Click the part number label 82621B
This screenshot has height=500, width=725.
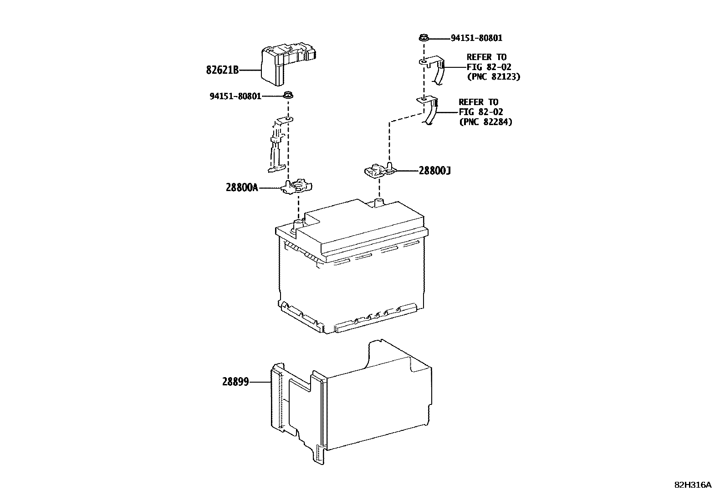tap(222, 71)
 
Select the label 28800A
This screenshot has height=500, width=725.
tap(242, 187)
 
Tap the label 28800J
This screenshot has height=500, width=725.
tap(435, 171)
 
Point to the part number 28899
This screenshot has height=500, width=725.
tap(235, 382)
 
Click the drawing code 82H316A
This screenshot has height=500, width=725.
tap(693, 485)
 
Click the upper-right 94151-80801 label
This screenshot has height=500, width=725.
tap(476, 39)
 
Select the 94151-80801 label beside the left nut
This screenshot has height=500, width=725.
tap(235, 96)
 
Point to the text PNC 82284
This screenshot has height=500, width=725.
tap(485, 122)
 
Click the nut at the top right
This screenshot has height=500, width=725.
tap(422, 38)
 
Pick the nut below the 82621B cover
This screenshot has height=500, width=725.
tap(288, 96)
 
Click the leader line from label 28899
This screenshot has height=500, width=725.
tap(260, 382)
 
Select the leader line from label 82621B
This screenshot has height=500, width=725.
tap(250, 71)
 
